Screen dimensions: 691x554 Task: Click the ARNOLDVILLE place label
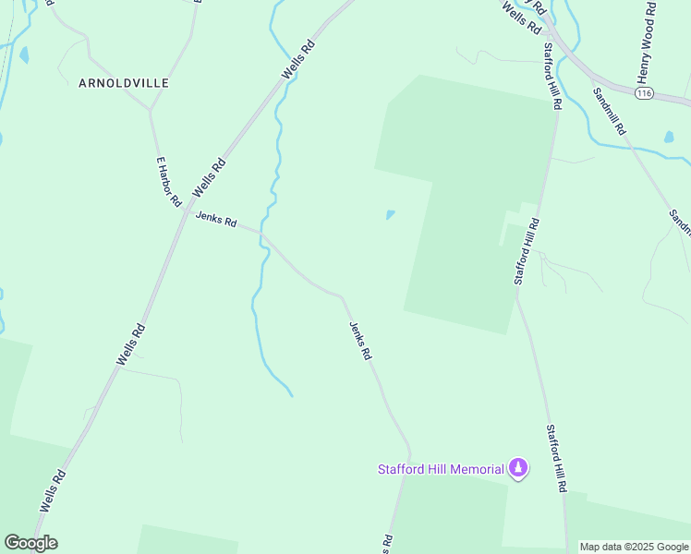[124, 83]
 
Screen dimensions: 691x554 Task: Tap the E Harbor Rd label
[167, 181]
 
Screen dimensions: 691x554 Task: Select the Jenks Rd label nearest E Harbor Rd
[216, 221]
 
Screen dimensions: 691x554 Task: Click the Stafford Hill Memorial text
[441, 469]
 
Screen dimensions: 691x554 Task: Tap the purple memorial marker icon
[518, 469]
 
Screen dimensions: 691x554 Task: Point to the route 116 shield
[645, 94]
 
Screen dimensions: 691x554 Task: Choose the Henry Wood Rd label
[646, 41]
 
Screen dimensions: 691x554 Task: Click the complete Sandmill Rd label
[610, 112]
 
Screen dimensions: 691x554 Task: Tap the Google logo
[30, 543]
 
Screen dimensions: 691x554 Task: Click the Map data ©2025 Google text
[634, 547]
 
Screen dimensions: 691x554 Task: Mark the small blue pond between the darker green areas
[390, 215]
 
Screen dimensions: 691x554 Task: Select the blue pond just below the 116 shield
[668, 137]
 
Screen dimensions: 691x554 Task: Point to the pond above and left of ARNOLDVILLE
[23, 55]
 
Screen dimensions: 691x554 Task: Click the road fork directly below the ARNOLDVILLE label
[151, 109]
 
